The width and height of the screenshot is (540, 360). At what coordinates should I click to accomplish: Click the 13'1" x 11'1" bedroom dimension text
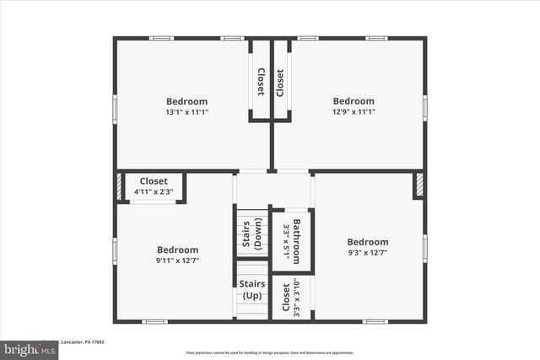point(186,111)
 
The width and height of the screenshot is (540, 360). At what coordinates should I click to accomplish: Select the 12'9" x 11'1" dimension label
point(354,111)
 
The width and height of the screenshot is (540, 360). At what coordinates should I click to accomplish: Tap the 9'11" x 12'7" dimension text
point(178,260)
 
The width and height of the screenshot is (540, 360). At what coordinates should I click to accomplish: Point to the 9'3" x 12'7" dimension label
point(368,252)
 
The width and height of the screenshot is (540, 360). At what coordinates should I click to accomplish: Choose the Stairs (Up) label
point(252,290)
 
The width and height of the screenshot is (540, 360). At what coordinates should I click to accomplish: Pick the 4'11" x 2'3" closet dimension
point(154,192)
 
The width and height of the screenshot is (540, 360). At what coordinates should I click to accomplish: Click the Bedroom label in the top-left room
point(186,101)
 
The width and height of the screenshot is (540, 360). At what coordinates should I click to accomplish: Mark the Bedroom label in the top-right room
point(354,101)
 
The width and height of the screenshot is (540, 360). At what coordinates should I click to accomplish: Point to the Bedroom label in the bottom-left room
point(178,250)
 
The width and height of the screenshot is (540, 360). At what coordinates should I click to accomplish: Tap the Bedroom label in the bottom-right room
point(368,242)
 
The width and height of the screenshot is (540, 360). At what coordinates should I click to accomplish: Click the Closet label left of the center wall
point(261,82)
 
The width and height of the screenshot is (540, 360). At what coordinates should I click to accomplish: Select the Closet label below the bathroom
point(286,296)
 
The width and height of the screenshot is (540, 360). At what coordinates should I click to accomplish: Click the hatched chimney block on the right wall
point(418,185)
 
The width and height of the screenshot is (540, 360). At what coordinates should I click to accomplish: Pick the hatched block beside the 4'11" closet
point(119,187)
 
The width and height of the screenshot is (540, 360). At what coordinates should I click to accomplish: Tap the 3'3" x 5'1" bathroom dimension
point(287,241)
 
